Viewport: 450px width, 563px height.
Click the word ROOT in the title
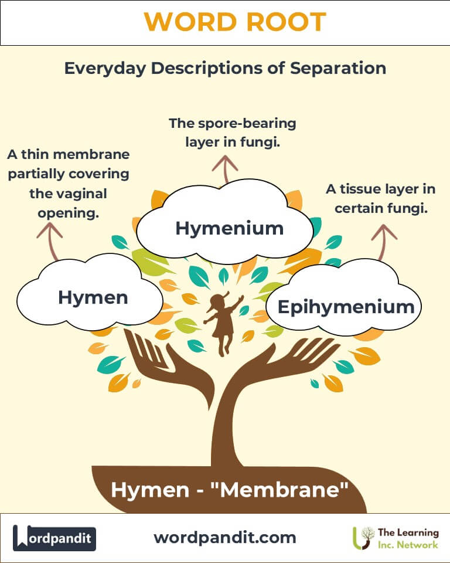(x=286, y=22)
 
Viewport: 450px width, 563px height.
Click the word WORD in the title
(x=190, y=22)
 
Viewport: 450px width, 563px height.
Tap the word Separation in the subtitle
(x=338, y=68)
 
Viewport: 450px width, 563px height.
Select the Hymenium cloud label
(x=229, y=228)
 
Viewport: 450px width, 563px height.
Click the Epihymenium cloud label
(x=346, y=307)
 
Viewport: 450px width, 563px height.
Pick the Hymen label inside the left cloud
(x=93, y=297)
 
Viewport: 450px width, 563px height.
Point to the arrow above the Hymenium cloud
(x=225, y=169)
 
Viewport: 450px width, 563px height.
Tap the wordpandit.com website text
(x=224, y=538)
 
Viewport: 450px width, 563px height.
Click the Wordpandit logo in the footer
(x=54, y=538)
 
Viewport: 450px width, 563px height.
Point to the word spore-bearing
(x=247, y=124)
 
